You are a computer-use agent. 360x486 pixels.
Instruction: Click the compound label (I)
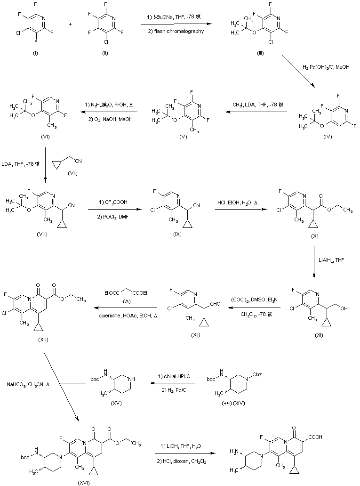click(x=35, y=53)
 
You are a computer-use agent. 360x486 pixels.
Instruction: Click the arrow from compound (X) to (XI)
click(x=315, y=259)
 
